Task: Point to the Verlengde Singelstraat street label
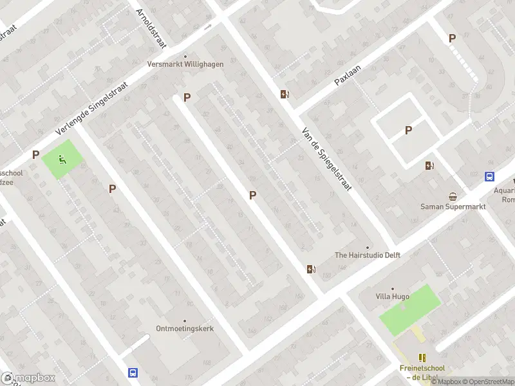pyautogui.click(x=91, y=108)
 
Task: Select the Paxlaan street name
pyautogui.click(x=348, y=75)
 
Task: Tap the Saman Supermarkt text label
pyautogui.click(x=453, y=207)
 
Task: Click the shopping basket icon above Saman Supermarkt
pyautogui.click(x=453, y=196)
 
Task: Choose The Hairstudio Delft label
pyautogui.click(x=368, y=255)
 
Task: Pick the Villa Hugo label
pyautogui.click(x=392, y=297)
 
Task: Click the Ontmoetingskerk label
pyautogui.click(x=185, y=328)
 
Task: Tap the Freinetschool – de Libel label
pyautogui.click(x=422, y=372)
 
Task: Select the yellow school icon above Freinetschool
pyautogui.click(x=422, y=357)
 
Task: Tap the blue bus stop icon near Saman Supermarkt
pyautogui.click(x=489, y=177)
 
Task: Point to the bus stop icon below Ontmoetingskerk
pyautogui.click(x=133, y=372)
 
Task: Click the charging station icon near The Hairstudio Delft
pyautogui.click(x=312, y=269)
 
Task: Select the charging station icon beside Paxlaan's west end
pyautogui.click(x=285, y=95)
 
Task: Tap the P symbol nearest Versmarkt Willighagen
pyautogui.click(x=187, y=97)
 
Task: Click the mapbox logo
pyautogui.click(x=28, y=378)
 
